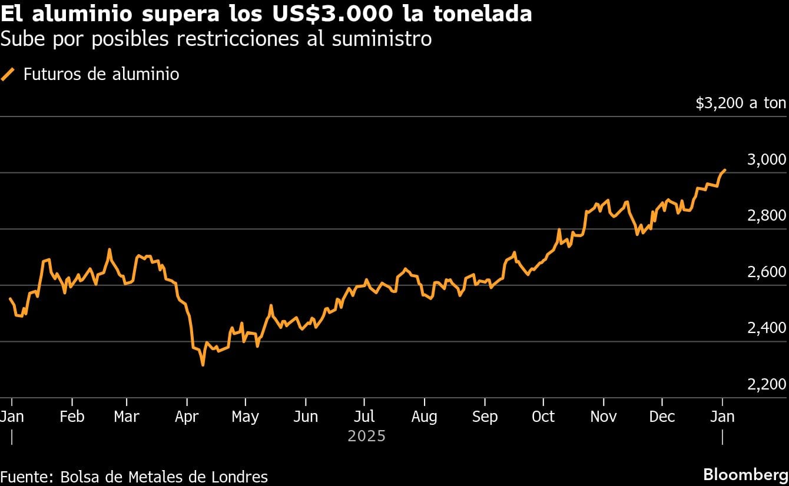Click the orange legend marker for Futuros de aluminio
point(8,75)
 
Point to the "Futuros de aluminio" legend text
point(101,75)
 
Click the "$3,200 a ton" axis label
point(740,104)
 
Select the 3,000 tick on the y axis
point(766,160)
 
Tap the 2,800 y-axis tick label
point(766,215)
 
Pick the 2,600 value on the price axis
point(766,272)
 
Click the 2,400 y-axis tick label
point(766,328)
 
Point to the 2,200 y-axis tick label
point(766,384)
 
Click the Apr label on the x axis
point(187,417)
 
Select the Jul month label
point(364,417)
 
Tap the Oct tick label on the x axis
point(543,417)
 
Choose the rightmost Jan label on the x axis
point(722,417)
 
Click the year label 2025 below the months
point(366,436)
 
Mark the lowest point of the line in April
point(203,365)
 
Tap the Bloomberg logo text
point(745,474)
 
